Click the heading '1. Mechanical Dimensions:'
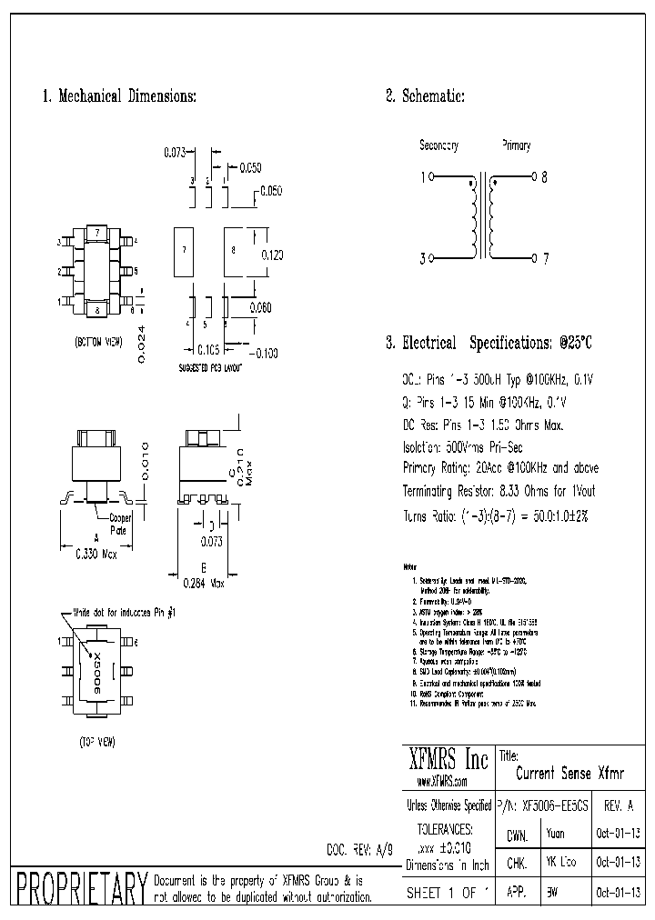(x=119, y=96)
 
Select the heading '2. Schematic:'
(x=425, y=96)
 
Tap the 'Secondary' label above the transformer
(x=438, y=145)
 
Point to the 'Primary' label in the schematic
(x=516, y=145)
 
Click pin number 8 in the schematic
(x=544, y=178)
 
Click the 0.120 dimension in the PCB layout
(x=272, y=255)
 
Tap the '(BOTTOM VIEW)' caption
(x=98, y=343)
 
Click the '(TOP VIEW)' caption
(x=96, y=742)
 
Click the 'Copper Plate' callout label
(x=121, y=523)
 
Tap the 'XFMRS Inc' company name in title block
(x=448, y=760)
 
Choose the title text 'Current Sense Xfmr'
(x=569, y=774)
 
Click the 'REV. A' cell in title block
(x=620, y=805)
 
